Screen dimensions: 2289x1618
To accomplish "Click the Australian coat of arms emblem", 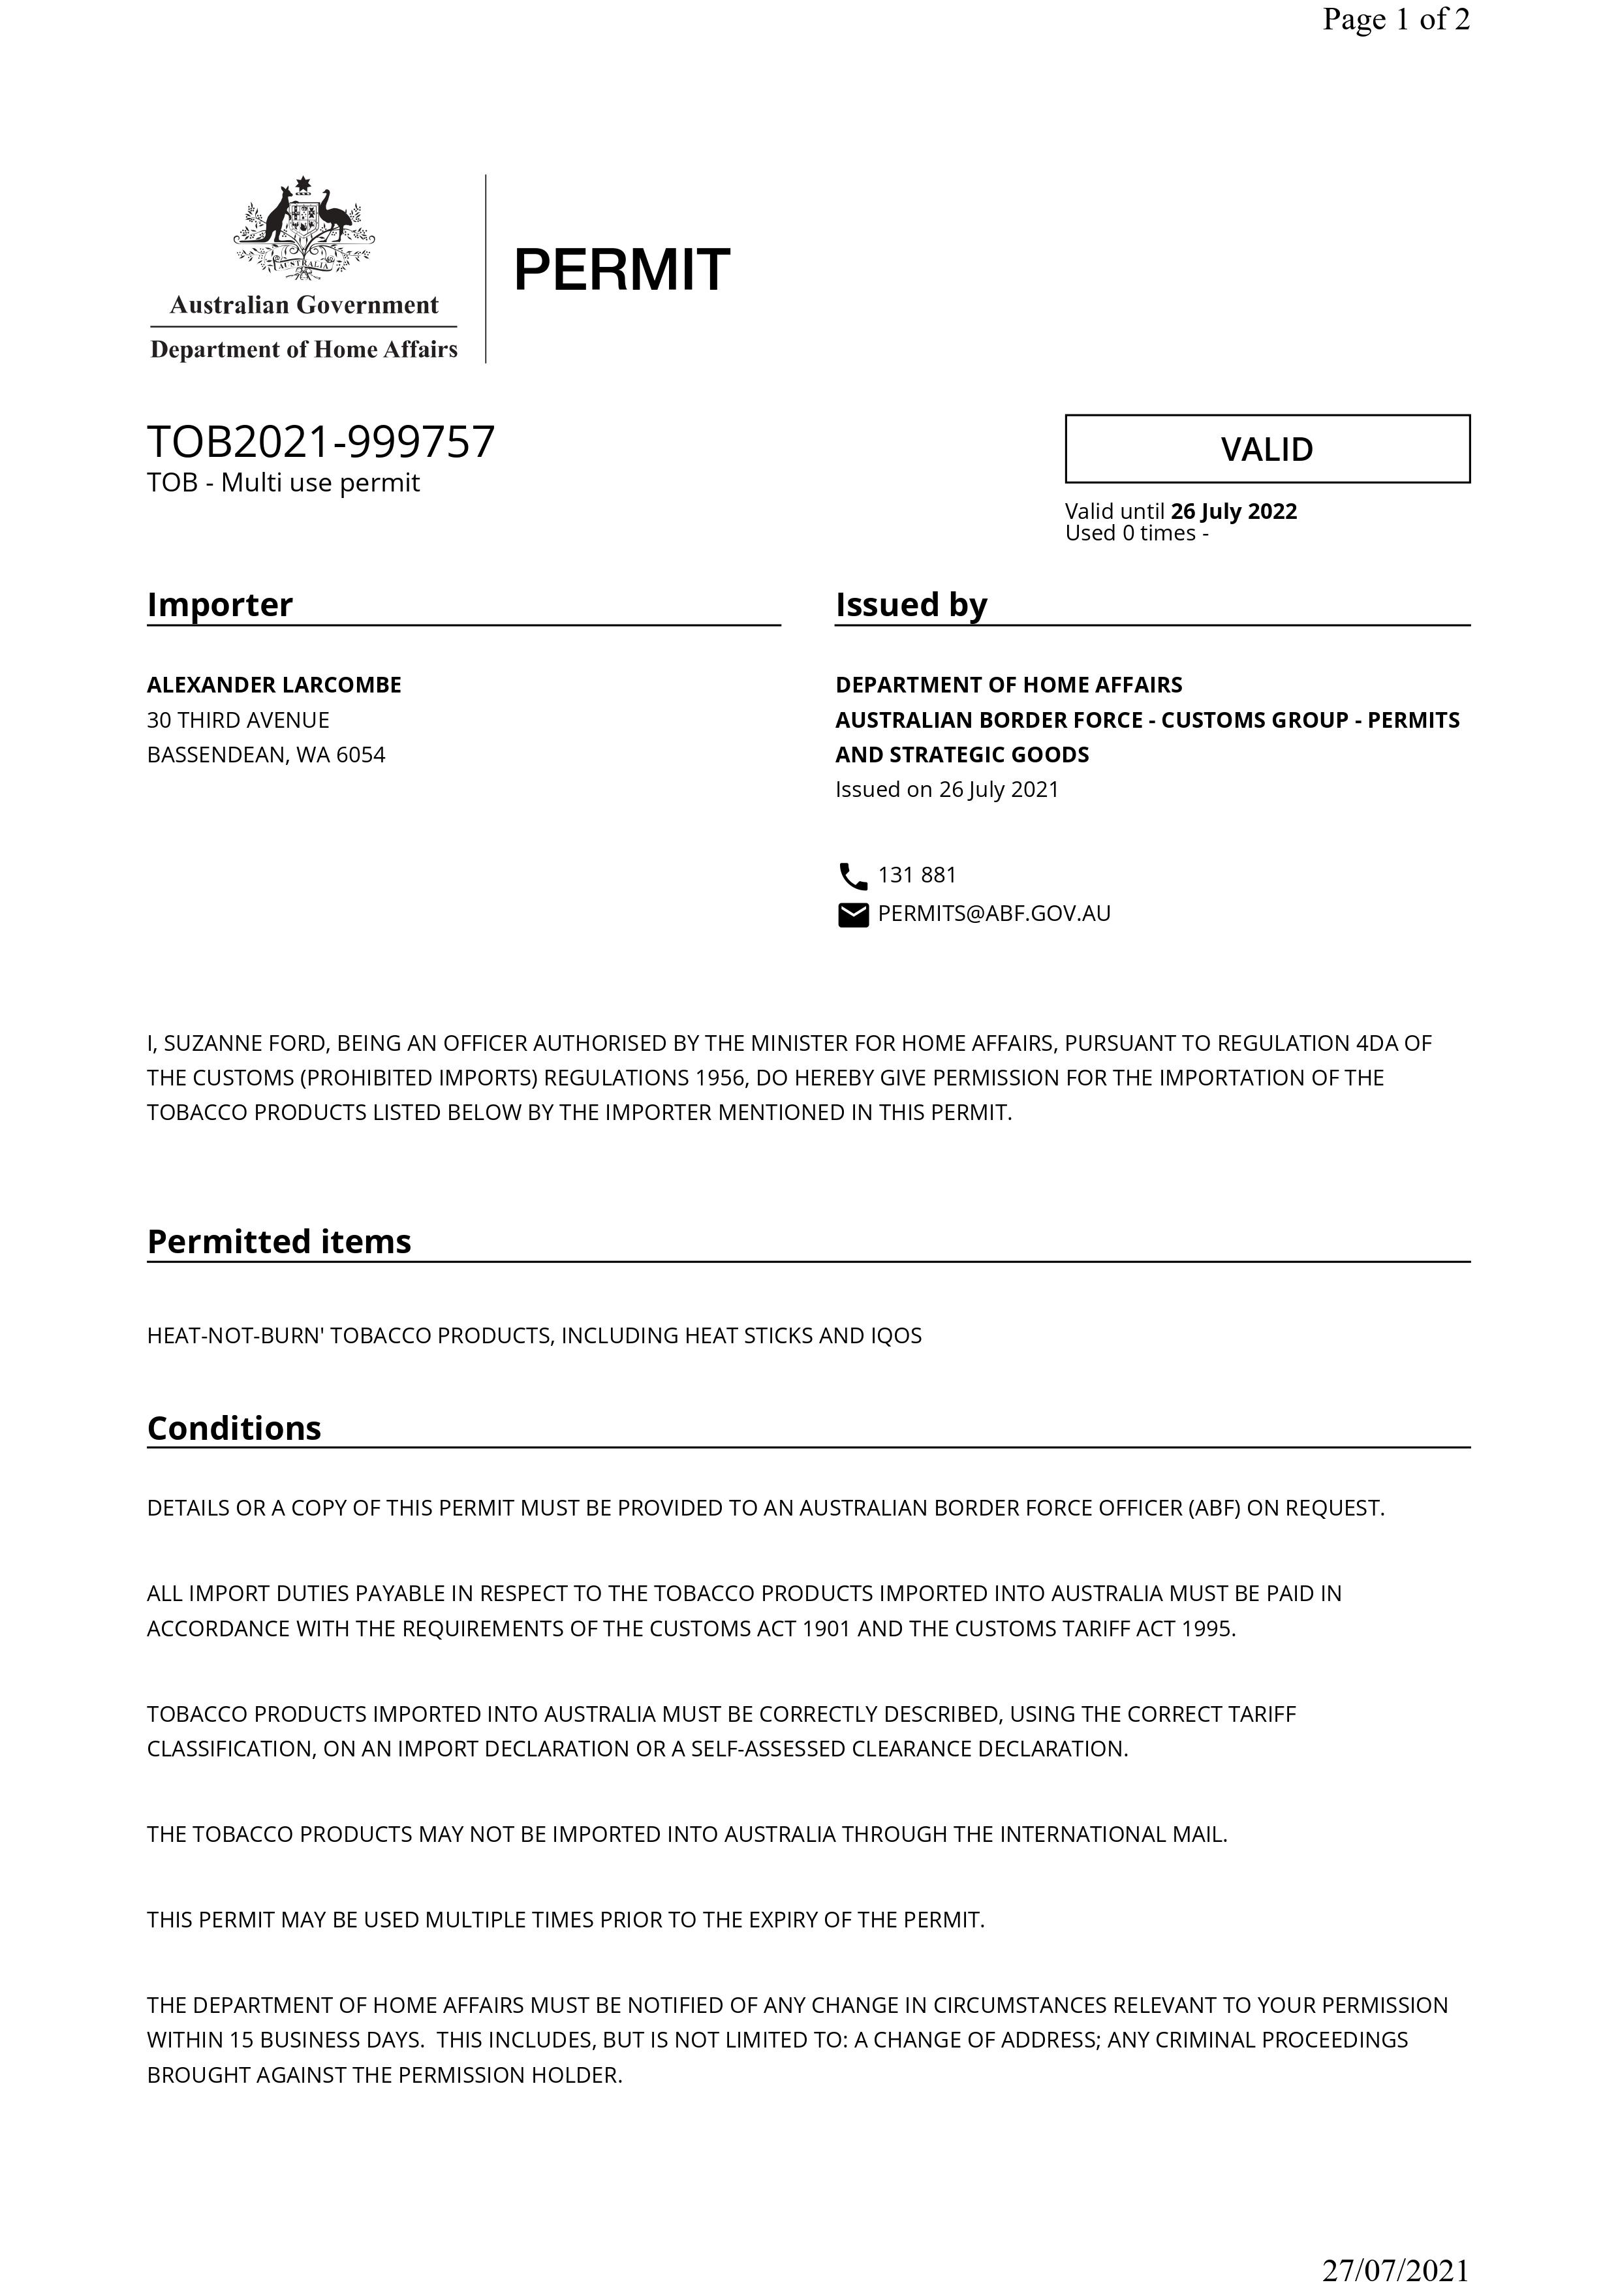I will [304, 228].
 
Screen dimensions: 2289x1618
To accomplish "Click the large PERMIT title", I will [621, 270].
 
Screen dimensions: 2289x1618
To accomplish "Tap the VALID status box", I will [1266, 448].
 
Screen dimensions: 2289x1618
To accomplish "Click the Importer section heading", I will [219, 604].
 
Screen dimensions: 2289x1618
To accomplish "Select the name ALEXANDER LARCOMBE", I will [274, 685].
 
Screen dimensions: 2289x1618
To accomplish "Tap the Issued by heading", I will [910, 604].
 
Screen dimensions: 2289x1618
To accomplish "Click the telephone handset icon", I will [852, 877].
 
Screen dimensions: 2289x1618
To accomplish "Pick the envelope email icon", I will [852, 914].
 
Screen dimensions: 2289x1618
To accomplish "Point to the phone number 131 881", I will [916, 875].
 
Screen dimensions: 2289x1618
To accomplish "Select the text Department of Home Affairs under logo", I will [303, 349].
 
